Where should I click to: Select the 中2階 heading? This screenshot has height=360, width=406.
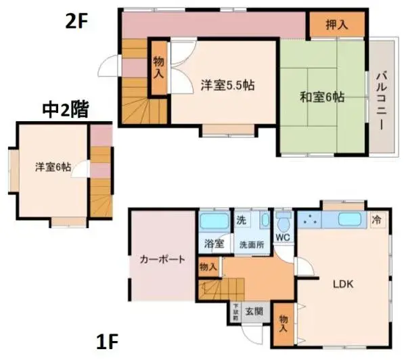tap(66, 110)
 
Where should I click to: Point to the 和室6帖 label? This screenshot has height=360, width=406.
tap(322, 97)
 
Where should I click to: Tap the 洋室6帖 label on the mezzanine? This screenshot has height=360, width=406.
tap(54, 167)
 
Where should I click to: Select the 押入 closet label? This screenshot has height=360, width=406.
tap(337, 26)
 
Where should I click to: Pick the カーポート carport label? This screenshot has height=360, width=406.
tap(163, 258)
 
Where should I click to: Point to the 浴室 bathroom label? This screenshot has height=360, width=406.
tap(214, 244)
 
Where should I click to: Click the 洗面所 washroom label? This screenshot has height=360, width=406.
tap(250, 244)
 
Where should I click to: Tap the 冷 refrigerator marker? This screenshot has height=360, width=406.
tap(377, 219)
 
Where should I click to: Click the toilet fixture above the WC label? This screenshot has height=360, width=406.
tap(284, 221)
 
